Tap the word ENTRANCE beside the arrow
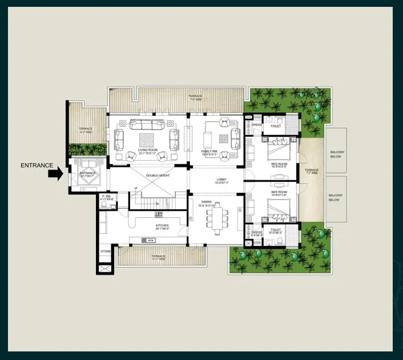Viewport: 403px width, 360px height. pyautogui.click(x=37, y=166)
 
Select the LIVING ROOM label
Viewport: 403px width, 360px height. pyautogui.click(x=148, y=151)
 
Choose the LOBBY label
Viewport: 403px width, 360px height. pyautogui.click(x=221, y=180)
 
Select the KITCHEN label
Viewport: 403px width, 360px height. pyautogui.click(x=162, y=226)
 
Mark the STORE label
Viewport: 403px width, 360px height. pyautogui.click(x=106, y=251)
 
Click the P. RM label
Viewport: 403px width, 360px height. pyautogui.click(x=107, y=197)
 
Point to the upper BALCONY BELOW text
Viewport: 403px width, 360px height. pyautogui.click(x=336, y=154)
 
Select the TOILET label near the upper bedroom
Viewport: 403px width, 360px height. pyautogui.click(x=276, y=126)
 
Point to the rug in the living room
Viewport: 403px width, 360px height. pyautogui.click(x=147, y=139)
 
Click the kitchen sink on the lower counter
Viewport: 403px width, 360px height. pyautogui.click(x=152, y=241)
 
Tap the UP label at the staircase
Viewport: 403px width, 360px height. pyautogui.click(x=135, y=188)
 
